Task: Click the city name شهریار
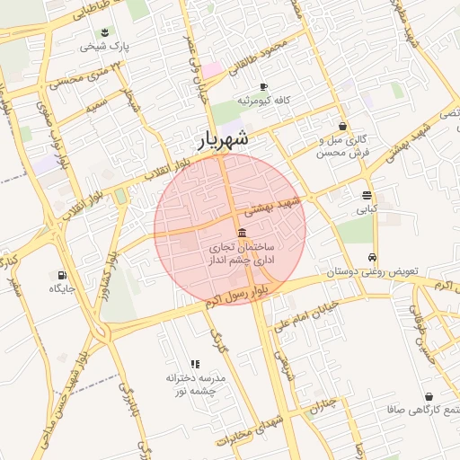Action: tap(219, 139)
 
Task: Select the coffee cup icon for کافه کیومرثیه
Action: tap(263, 87)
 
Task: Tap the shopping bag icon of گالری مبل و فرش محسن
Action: tap(342, 127)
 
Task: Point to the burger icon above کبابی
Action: tap(367, 195)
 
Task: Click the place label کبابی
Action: tap(367, 209)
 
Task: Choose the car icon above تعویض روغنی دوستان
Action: tap(373, 256)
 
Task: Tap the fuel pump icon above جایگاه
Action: tap(61, 275)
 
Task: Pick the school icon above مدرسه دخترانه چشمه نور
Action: tap(195, 364)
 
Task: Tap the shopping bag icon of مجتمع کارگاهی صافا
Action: tap(429, 396)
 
